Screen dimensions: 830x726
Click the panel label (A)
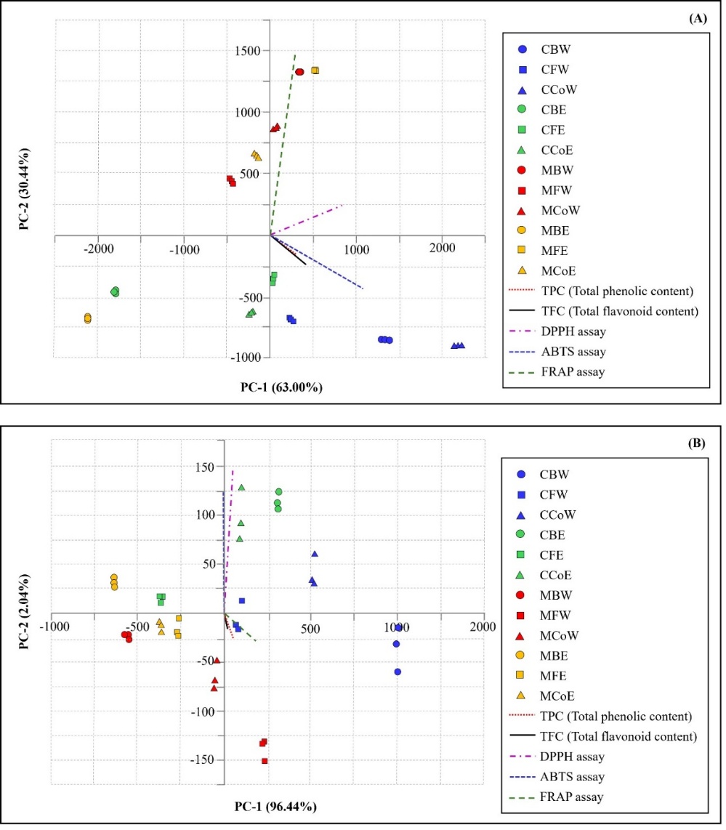(697, 19)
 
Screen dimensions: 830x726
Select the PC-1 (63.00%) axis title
(281, 387)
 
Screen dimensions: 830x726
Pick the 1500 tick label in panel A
(246, 51)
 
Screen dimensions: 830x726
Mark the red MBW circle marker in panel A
(299, 72)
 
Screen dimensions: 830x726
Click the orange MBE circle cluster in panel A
(88, 318)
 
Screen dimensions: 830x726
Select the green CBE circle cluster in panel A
(115, 291)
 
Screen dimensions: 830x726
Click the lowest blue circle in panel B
(398, 672)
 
